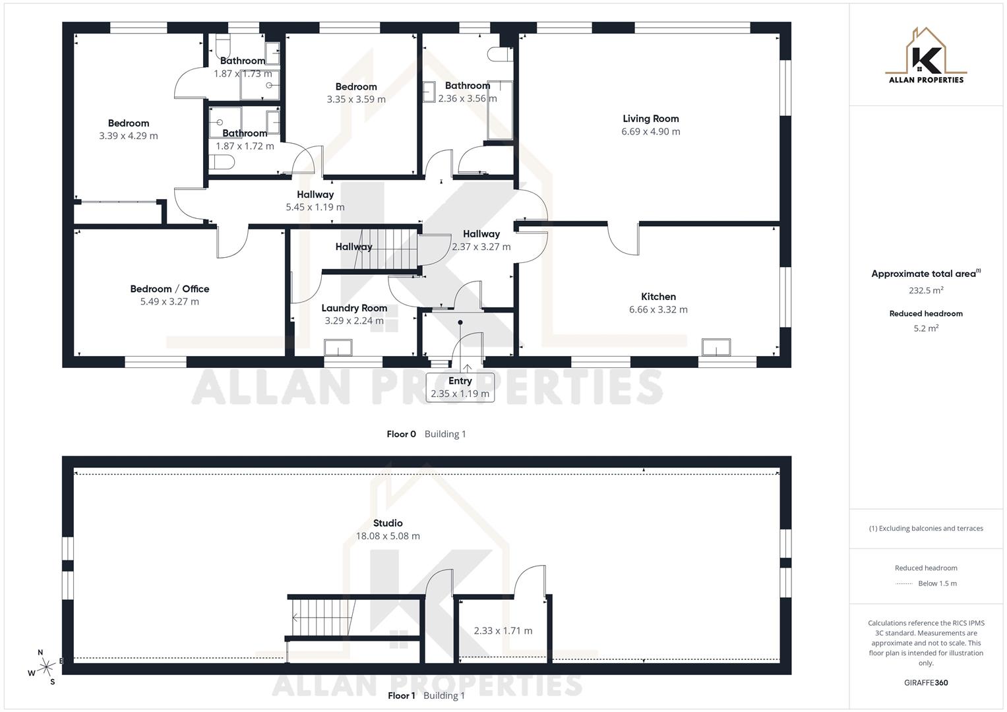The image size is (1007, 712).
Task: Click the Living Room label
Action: tap(650, 119)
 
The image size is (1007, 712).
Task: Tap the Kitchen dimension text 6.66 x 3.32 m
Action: tap(658, 309)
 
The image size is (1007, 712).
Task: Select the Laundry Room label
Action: tap(354, 308)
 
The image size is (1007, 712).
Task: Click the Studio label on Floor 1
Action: tap(388, 523)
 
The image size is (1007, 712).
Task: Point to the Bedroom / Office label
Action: tap(169, 289)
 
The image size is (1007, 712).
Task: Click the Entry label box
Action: tap(460, 388)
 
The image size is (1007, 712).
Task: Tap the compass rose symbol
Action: tap(46, 667)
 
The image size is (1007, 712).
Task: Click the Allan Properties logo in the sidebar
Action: tap(926, 56)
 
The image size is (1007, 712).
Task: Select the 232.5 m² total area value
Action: tap(926, 290)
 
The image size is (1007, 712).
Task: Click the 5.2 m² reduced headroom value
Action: tap(926, 328)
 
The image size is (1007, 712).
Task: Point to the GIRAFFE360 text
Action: tap(926, 683)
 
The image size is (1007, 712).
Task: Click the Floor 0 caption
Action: tap(402, 434)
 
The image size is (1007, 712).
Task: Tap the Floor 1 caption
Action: tap(402, 696)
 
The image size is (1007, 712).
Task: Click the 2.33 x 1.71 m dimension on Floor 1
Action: tap(503, 631)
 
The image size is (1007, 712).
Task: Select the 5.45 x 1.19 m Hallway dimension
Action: tap(315, 207)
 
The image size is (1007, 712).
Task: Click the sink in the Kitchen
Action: tap(716, 347)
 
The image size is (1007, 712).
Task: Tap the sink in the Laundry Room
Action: tap(338, 347)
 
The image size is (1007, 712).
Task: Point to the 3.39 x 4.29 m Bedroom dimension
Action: tap(129, 136)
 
